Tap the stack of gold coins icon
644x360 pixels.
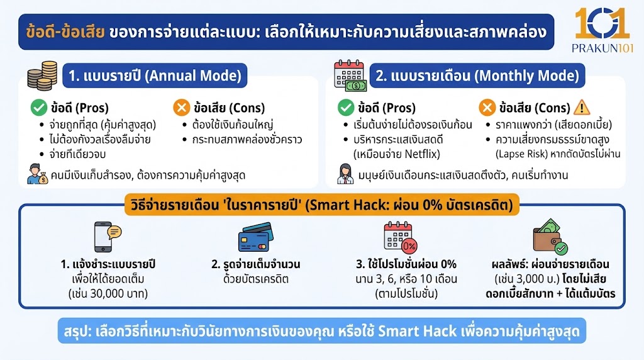click(43, 76)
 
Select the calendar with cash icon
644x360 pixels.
click(350, 77)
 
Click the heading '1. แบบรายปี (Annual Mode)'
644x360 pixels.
click(155, 76)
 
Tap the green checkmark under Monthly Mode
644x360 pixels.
click(346, 108)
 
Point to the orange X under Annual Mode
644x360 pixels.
click(181, 108)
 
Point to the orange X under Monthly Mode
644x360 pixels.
click(487, 108)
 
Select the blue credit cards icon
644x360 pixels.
click(253, 239)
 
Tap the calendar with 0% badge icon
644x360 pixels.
click(400, 237)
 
